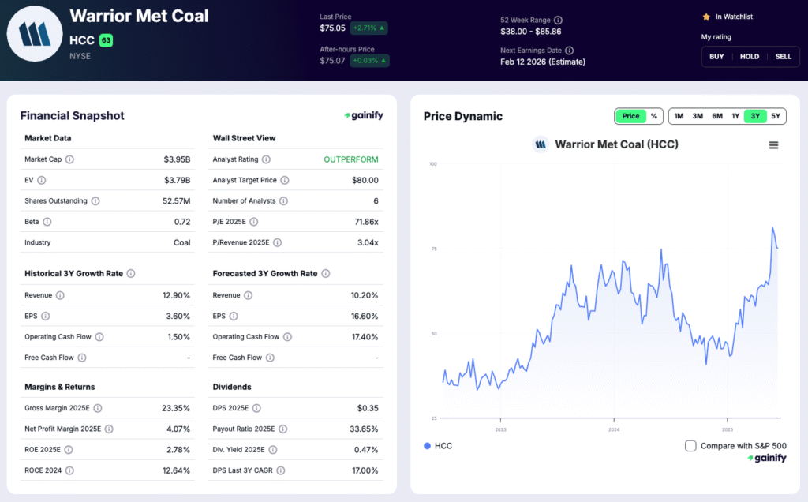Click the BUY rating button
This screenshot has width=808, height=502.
point(716,57)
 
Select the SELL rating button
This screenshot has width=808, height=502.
point(783,57)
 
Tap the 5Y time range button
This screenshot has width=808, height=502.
point(776,116)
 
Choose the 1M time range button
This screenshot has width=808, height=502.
point(679,116)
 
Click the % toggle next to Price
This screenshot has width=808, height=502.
point(653,116)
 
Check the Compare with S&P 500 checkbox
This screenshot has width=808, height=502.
point(691,446)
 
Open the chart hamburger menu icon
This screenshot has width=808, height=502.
point(773,145)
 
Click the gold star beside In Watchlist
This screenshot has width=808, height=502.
point(706,17)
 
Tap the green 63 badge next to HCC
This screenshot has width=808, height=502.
point(106,40)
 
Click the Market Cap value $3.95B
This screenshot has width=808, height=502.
point(177,159)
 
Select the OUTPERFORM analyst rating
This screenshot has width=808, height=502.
point(351,159)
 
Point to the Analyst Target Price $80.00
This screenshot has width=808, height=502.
point(365,180)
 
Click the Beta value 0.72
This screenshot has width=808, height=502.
point(182,222)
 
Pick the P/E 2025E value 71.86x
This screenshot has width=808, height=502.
point(366,222)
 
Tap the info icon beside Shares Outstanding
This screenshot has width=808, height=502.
point(95,201)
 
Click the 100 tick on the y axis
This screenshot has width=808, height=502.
point(433,164)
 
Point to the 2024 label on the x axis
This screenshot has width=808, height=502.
point(614,430)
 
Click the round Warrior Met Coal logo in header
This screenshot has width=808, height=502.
point(35,34)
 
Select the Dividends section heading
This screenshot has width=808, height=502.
point(232,387)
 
